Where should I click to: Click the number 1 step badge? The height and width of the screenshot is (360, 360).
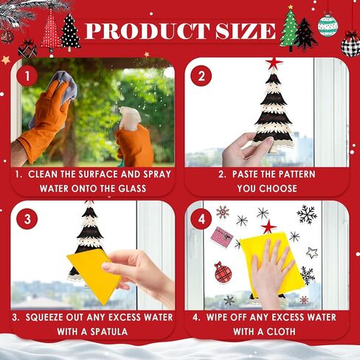[x=27, y=76]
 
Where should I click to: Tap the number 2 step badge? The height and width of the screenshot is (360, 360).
[x=201, y=76]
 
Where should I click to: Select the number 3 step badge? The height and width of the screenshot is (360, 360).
[x=27, y=219]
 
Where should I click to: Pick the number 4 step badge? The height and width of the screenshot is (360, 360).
[x=201, y=219]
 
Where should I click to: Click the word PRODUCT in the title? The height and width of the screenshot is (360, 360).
[x=147, y=31]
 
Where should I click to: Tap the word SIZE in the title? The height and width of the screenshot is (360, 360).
[x=245, y=31]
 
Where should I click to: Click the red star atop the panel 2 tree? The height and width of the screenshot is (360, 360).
[x=274, y=63]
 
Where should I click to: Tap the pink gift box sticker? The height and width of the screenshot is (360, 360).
[x=222, y=237]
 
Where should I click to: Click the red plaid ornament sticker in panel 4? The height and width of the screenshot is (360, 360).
[x=223, y=272]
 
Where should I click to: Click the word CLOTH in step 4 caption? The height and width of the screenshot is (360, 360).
[x=281, y=332]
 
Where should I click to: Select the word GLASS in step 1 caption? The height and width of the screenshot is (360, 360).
[x=132, y=189]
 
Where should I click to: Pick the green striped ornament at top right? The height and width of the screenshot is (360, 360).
[x=328, y=24]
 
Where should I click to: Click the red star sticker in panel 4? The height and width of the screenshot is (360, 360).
[x=269, y=226]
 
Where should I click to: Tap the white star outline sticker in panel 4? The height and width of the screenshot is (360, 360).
[x=312, y=253]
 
